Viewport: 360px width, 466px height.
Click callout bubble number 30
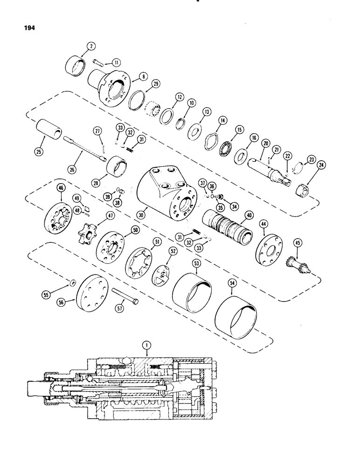pos(142,215)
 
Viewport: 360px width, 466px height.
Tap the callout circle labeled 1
pos(148,345)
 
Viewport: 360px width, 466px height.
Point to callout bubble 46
pos(60,188)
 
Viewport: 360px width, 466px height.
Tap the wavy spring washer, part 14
pos(213,141)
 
